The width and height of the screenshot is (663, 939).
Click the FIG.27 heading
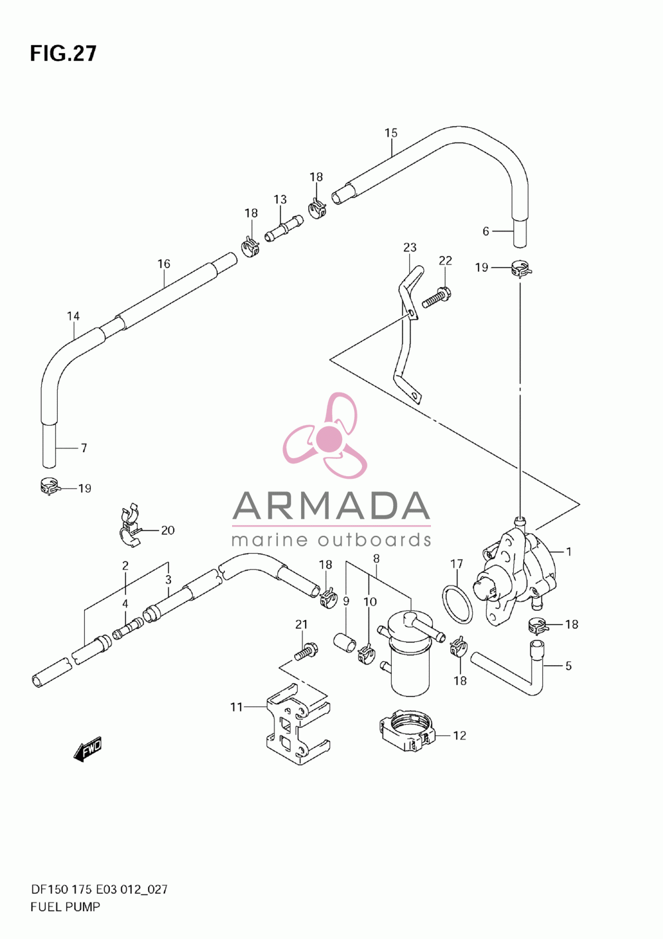click(63, 54)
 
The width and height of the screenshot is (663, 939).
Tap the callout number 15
click(391, 133)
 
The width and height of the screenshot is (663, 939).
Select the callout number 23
click(410, 247)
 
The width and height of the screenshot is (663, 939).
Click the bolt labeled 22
click(436, 297)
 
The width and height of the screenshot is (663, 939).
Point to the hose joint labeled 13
click(284, 229)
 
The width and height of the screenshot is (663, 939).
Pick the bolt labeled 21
click(306, 653)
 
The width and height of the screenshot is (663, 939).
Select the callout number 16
click(164, 264)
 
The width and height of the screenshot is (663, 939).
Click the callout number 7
click(84, 448)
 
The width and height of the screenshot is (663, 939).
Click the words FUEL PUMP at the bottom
click(66, 907)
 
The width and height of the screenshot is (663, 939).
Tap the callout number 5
click(568, 666)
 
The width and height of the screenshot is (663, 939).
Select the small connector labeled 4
click(128, 629)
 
